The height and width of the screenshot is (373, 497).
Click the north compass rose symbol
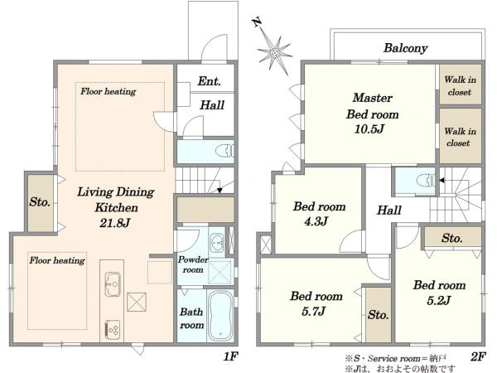pyautogui.click(x=273, y=51)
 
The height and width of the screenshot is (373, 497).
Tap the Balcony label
pyautogui.click(x=405, y=48)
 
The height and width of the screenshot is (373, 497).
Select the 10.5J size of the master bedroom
pyautogui.click(x=369, y=128)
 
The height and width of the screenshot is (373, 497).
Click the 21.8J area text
pyautogui.click(x=115, y=223)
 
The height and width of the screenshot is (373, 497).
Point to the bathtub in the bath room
pyautogui.click(x=220, y=316)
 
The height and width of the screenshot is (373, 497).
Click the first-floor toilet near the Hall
pyautogui.click(x=225, y=150)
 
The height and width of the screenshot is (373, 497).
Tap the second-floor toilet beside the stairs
pyautogui.click(x=425, y=181)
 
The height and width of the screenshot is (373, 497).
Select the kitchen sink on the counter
pyautogui.click(x=112, y=284)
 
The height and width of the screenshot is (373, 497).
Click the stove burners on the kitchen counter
pyautogui.click(x=112, y=330)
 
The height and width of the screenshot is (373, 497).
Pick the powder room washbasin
pyautogui.click(x=216, y=243)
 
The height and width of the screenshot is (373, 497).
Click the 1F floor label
pyautogui.click(x=230, y=356)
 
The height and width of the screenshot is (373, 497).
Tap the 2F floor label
pyautogui.click(x=478, y=356)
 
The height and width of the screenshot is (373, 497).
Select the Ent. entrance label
pyautogui.click(x=209, y=81)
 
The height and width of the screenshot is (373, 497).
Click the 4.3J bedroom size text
pyautogui.click(x=316, y=221)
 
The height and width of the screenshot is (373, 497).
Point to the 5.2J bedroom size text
pyautogui.click(x=439, y=300)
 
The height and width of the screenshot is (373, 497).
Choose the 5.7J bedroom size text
pyautogui.click(x=313, y=311)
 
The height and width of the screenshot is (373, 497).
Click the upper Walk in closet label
pyautogui.click(x=460, y=85)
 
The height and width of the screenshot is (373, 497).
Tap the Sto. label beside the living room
pyautogui.click(x=40, y=201)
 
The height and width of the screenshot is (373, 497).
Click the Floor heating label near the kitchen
pyautogui.click(x=57, y=260)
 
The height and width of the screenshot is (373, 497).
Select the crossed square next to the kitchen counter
pyautogui.click(x=137, y=302)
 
